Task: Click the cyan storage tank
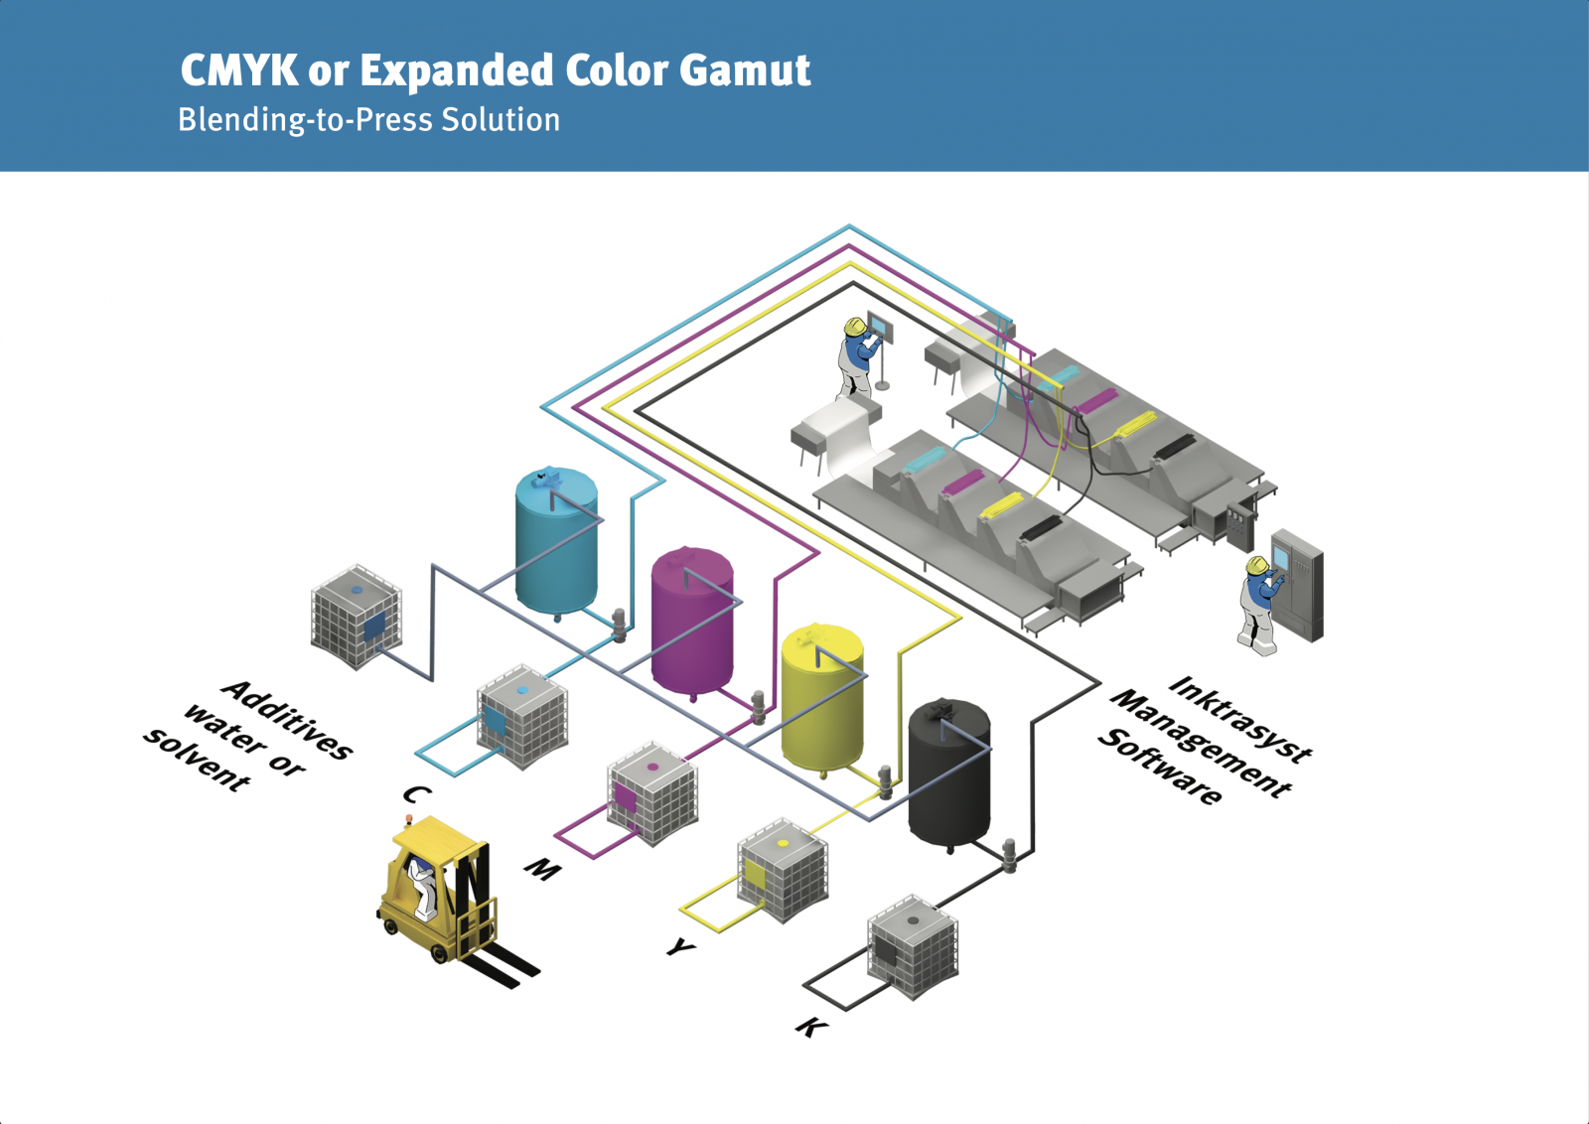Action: tap(556, 541)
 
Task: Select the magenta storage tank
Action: tap(692, 621)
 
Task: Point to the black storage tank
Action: tap(948, 774)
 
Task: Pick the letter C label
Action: tap(417, 794)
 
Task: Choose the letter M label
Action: tap(543, 870)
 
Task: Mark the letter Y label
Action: tap(681, 948)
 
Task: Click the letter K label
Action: tap(811, 1027)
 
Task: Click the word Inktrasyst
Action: tap(1240, 718)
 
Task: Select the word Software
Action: tap(1160, 766)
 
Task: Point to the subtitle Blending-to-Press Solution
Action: tap(368, 120)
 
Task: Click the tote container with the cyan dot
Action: tap(522, 717)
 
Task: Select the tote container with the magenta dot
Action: tap(652, 793)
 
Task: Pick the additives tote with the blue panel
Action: tap(357, 617)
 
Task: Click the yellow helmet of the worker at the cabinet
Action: tap(1257, 565)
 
